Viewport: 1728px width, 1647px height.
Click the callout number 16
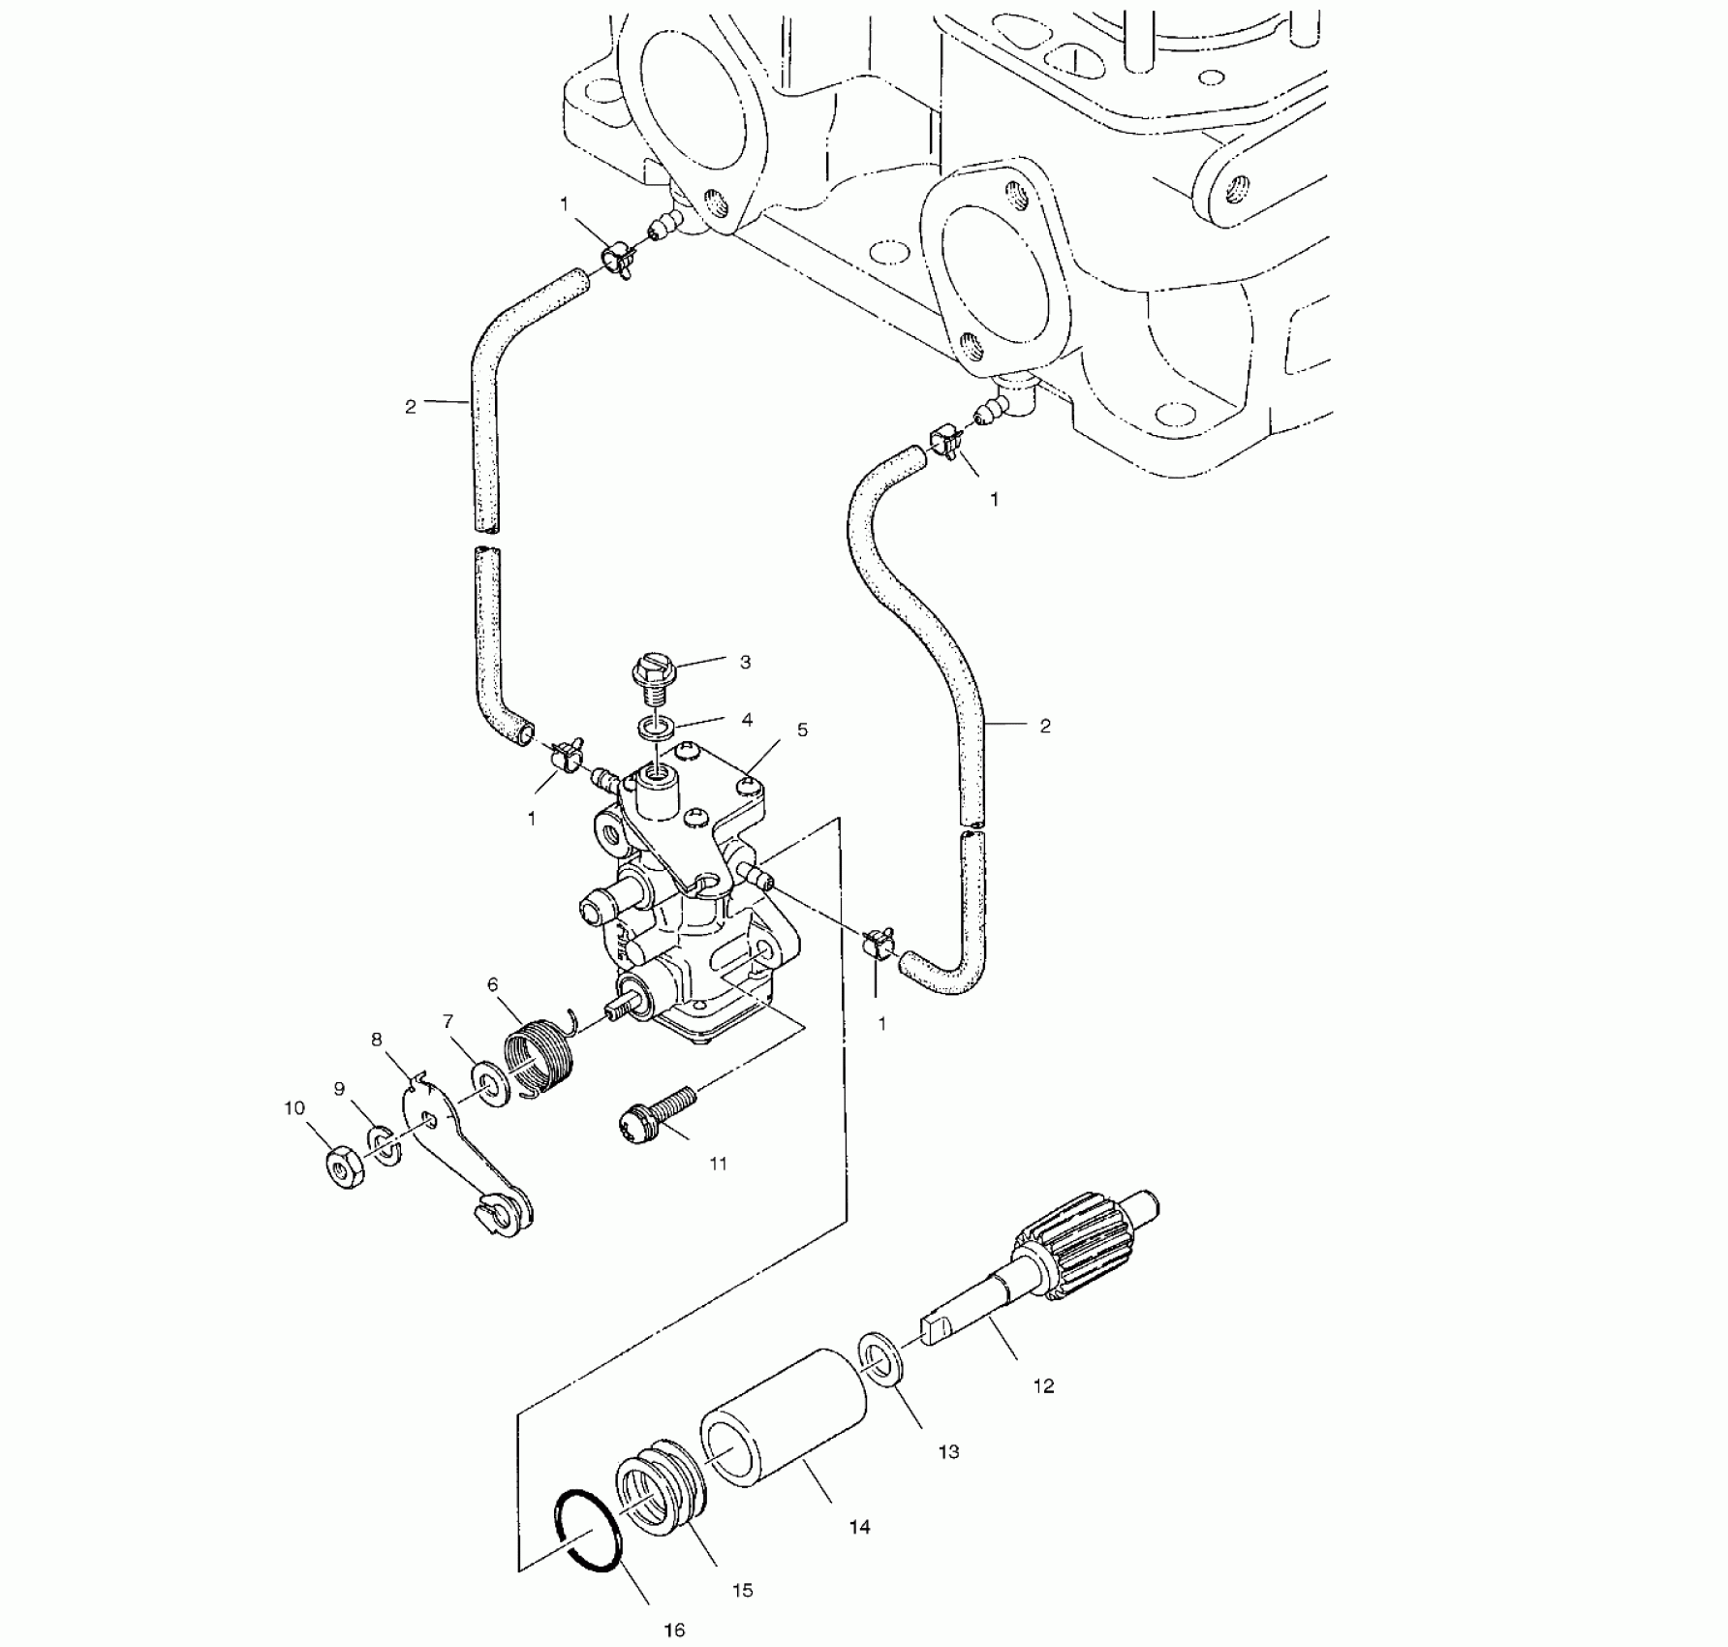[x=675, y=1630]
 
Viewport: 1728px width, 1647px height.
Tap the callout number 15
[x=743, y=1590]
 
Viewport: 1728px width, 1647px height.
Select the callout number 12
[x=1043, y=1386]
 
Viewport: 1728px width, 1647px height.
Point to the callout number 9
[x=339, y=1089]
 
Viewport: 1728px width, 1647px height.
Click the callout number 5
[x=802, y=730]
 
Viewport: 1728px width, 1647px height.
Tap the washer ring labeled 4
[x=658, y=725]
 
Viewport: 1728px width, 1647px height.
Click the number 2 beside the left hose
[x=411, y=407]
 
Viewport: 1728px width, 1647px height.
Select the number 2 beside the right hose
[x=1044, y=726]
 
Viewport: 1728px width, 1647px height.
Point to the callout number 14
[x=859, y=1528]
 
